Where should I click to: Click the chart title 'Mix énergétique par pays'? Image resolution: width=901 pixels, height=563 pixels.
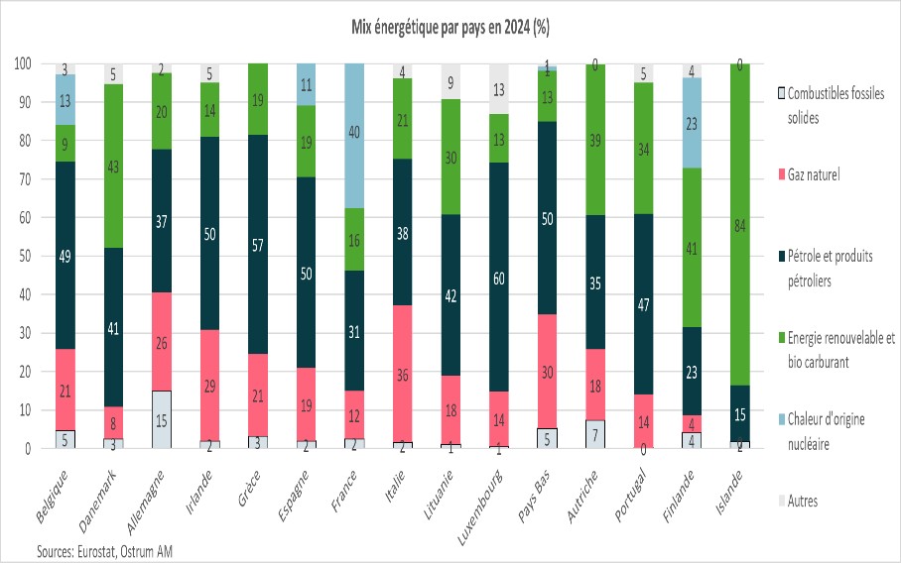click(x=450, y=29)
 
